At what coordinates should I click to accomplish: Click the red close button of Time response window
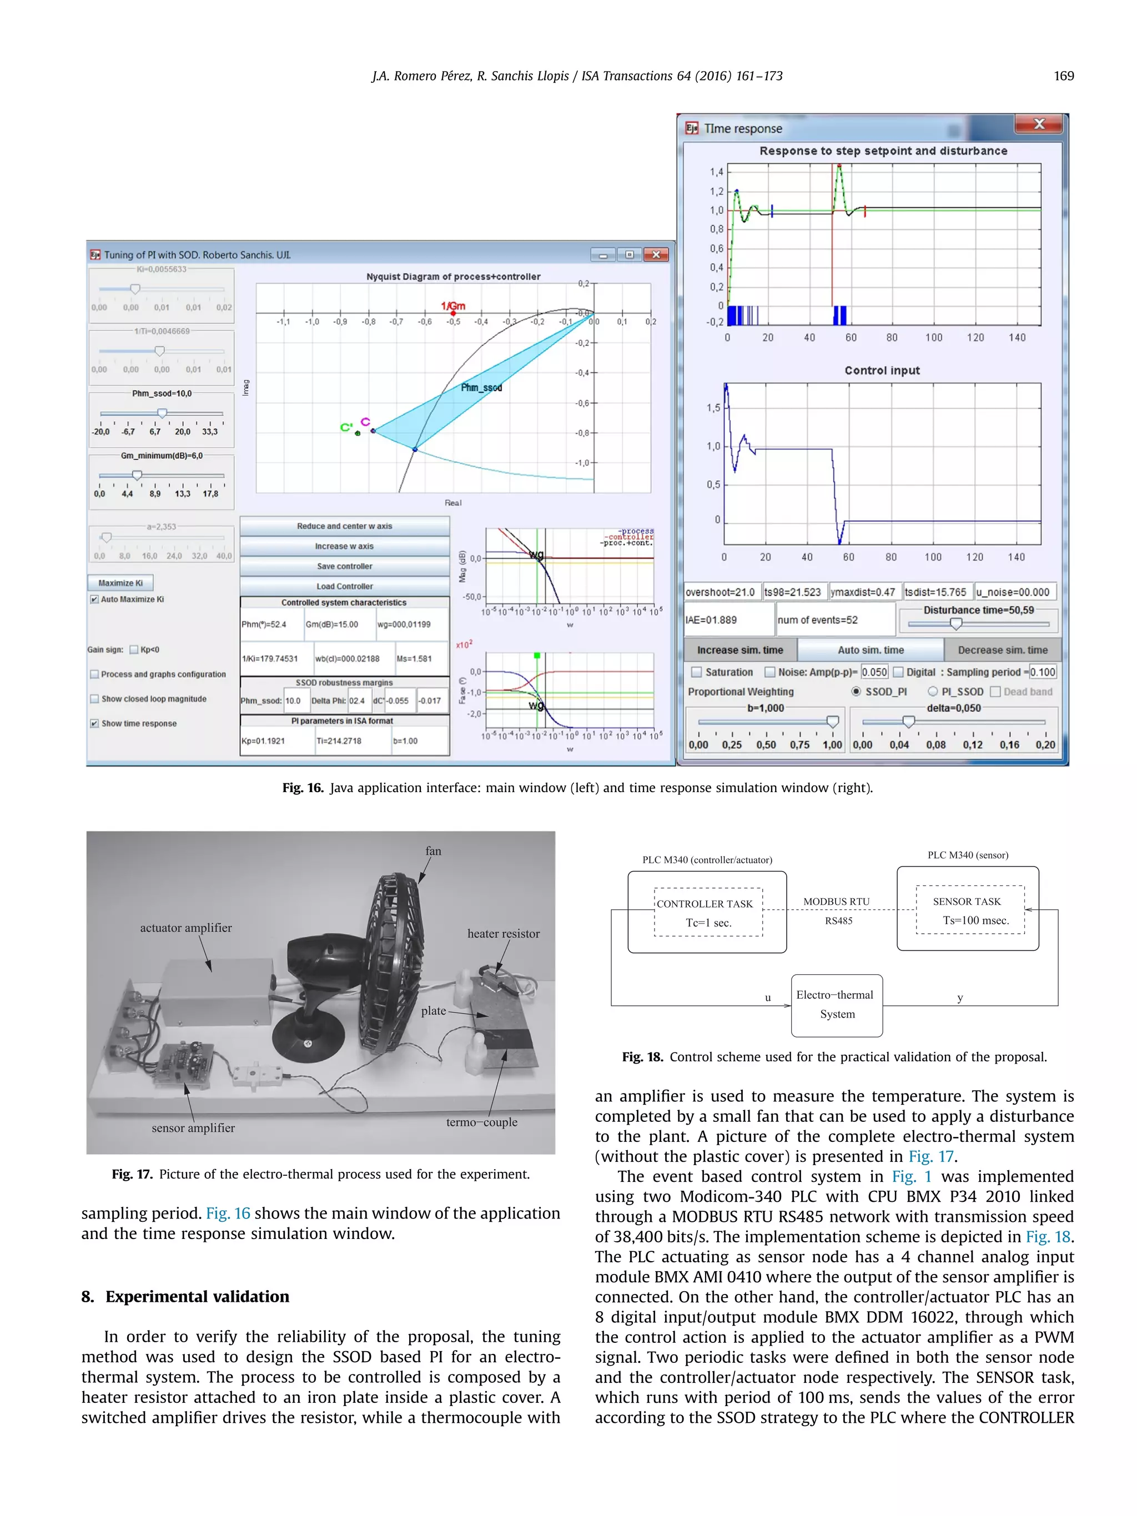coord(1038,124)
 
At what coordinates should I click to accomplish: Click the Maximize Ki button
coord(120,582)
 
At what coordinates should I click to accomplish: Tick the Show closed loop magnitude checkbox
coord(94,699)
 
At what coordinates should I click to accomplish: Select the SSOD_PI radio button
coord(856,692)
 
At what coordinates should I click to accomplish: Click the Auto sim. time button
coord(871,649)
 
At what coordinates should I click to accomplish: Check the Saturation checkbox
coord(696,672)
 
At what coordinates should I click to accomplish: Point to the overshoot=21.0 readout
coord(720,592)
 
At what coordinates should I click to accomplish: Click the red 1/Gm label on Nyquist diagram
coord(452,306)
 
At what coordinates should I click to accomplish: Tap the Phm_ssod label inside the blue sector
coord(481,388)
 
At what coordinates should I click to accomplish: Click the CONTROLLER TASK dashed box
coord(708,911)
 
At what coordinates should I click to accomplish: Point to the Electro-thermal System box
coord(836,1005)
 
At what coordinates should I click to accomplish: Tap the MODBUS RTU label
coord(836,901)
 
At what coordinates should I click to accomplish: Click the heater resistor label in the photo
coord(503,934)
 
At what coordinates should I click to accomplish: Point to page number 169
coord(1063,76)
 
